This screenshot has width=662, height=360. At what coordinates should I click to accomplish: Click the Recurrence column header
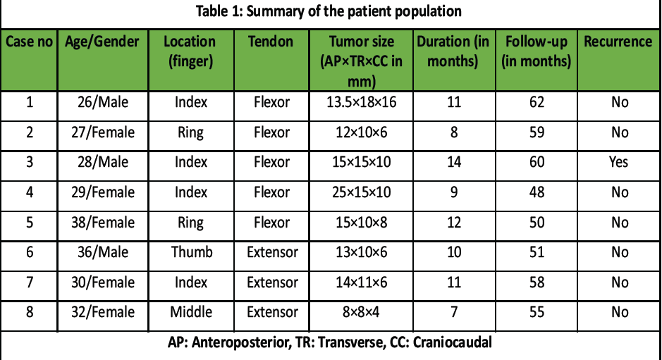click(618, 42)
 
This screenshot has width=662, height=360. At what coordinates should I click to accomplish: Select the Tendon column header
click(271, 42)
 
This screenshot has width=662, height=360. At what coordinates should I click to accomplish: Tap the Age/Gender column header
click(102, 42)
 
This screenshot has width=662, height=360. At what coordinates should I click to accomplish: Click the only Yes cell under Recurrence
click(618, 162)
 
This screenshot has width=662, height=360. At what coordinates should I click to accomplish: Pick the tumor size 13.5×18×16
click(362, 102)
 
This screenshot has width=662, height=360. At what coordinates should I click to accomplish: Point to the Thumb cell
click(192, 252)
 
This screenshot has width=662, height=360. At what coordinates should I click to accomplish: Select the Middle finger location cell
click(191, 312)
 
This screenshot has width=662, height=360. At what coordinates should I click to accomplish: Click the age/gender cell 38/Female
click(103, 223)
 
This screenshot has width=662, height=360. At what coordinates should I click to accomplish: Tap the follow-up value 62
click(537, 102)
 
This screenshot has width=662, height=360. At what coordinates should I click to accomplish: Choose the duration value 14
click(454, 162)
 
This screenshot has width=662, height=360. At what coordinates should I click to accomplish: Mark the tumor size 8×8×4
click(361, 312)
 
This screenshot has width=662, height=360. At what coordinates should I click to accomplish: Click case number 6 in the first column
click(30, 252)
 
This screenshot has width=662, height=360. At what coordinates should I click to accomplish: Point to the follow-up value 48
click(537, 192)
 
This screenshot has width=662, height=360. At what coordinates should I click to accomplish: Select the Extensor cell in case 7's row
click(272, 283)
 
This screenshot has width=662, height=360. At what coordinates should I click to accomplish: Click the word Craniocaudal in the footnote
click(452, 342)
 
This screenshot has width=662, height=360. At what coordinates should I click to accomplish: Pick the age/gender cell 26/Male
click(103, 102)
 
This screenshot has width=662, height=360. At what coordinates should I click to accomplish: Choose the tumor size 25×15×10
click(362, 192)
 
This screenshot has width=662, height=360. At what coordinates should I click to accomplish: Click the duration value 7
click(454, 312)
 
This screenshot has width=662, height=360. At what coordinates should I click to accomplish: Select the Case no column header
click(29, 42)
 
